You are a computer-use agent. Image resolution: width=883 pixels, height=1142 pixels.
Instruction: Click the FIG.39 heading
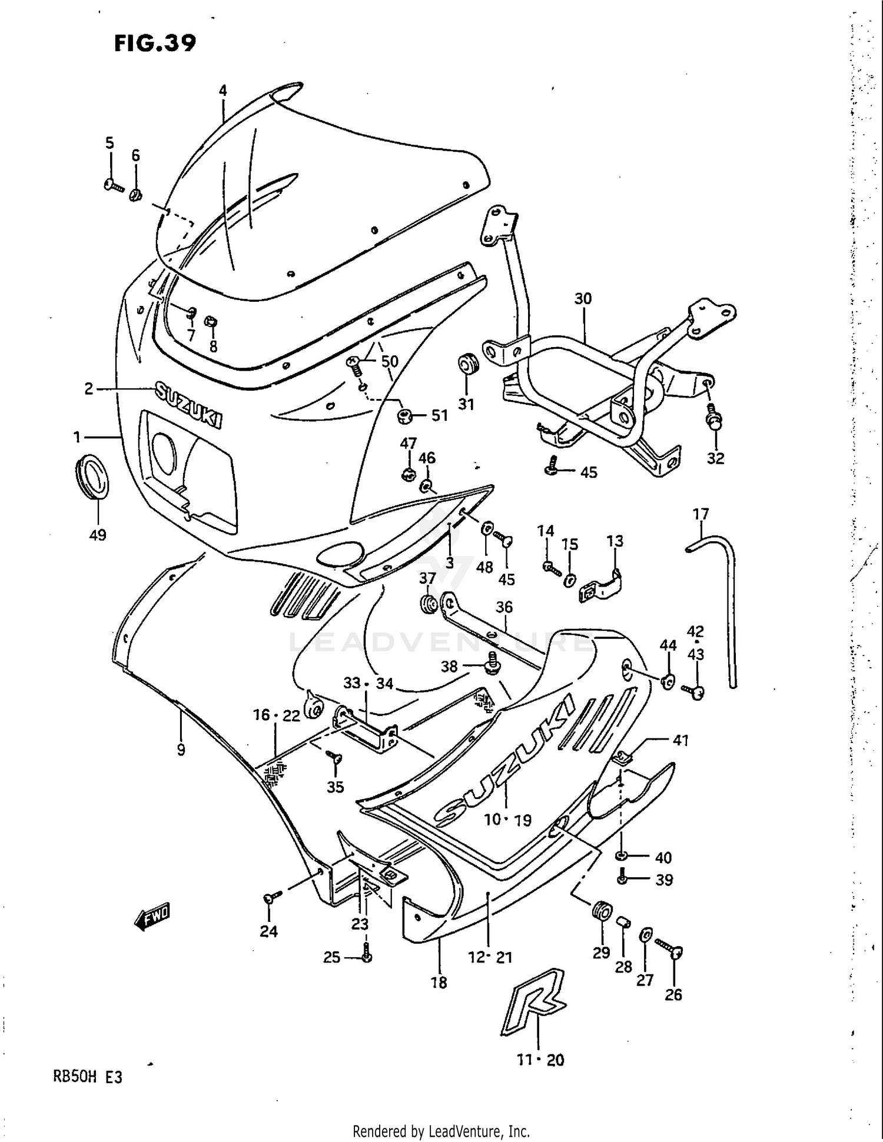155,43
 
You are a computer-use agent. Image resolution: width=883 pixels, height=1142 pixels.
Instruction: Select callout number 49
98,535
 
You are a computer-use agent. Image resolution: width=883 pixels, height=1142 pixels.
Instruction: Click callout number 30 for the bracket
583,299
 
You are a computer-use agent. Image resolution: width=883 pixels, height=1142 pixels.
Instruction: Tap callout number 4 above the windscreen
223,91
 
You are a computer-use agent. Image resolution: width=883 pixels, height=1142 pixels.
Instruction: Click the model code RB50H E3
88,1077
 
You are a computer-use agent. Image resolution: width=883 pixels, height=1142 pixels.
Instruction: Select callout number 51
440,415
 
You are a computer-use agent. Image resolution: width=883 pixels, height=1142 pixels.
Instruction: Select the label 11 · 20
540,1060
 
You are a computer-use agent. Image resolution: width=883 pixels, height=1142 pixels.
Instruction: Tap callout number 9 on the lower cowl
181,750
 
